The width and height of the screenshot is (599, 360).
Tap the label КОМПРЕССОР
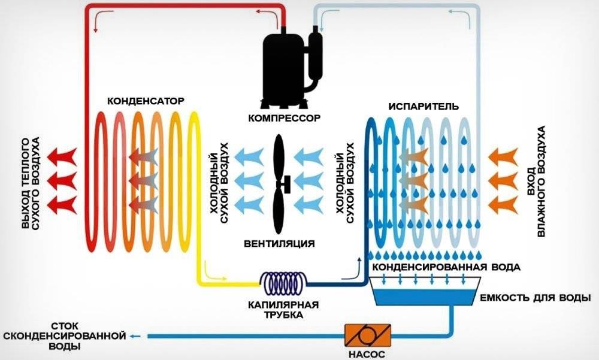pyautogui.click(x=285, y=117)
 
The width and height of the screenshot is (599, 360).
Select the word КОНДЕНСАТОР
pyautogui.click(x=145, y=101)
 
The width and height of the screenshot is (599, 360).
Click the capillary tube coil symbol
pyautogui.click(x=284, y=281)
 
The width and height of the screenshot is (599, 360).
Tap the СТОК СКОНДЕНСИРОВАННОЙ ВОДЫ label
pyautogui.click(x=64, y=337)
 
